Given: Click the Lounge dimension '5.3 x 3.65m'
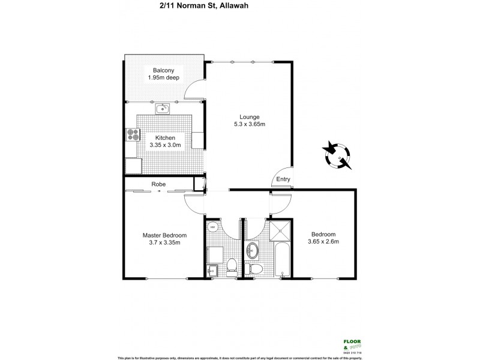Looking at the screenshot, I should (249, 124).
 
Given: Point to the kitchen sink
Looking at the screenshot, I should (163, 109).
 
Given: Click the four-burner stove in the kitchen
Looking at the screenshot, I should (131, 134).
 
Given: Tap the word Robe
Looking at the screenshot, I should (158, 184).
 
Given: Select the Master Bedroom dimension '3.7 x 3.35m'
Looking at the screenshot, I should (164, 243).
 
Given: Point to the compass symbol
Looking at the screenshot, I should (338, 155).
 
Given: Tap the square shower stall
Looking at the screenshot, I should (280, 230).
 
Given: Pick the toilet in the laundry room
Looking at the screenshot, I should (232, 265).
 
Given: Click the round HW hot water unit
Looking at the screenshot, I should (212, 227).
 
